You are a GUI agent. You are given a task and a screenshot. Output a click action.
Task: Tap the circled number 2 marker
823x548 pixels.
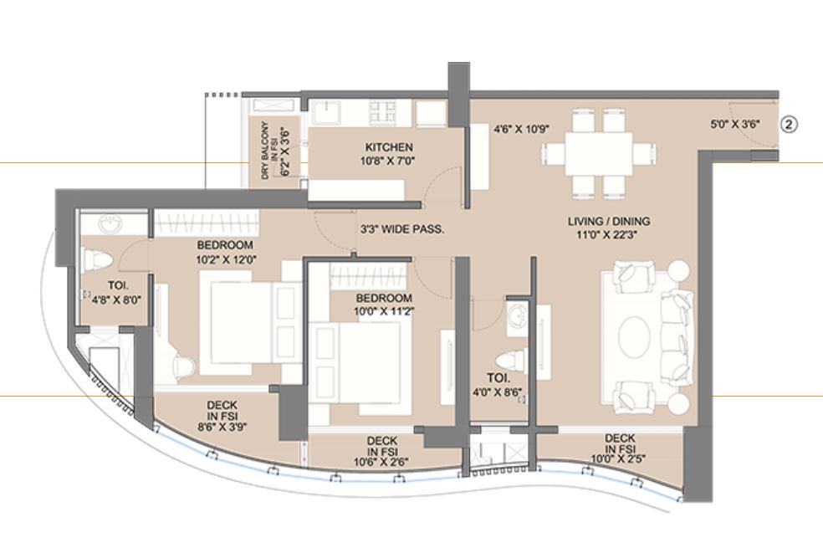click(790, 125)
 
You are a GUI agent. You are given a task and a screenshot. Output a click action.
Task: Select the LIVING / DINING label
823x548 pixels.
click(608, 222)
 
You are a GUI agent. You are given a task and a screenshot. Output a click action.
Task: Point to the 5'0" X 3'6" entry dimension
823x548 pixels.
click(734, 125)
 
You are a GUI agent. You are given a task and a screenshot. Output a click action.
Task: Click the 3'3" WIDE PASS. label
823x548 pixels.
click(401, 228)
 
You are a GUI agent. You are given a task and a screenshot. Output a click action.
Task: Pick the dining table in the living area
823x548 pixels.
click(596, 154)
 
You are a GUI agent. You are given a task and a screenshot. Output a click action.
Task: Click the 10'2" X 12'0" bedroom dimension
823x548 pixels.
click(225, 259)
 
